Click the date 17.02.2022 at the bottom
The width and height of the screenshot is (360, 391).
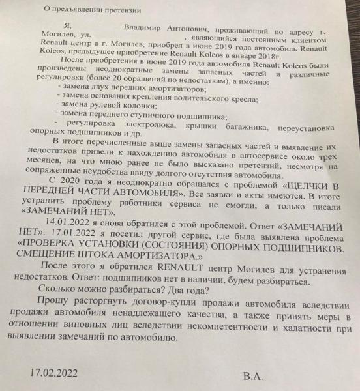click(59, 375)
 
